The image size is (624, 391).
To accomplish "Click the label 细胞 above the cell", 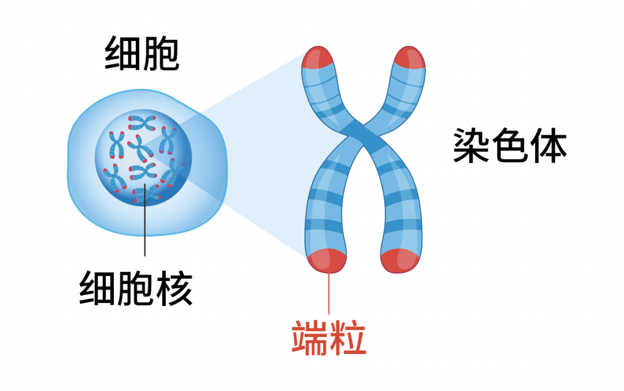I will coord(142,56).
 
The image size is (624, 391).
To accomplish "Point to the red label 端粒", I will coord(329,337).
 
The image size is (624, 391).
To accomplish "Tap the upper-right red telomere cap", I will coord(410,57).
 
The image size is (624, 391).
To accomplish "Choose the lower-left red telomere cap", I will coord(328,260).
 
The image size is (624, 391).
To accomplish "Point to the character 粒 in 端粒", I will coord(348,337).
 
